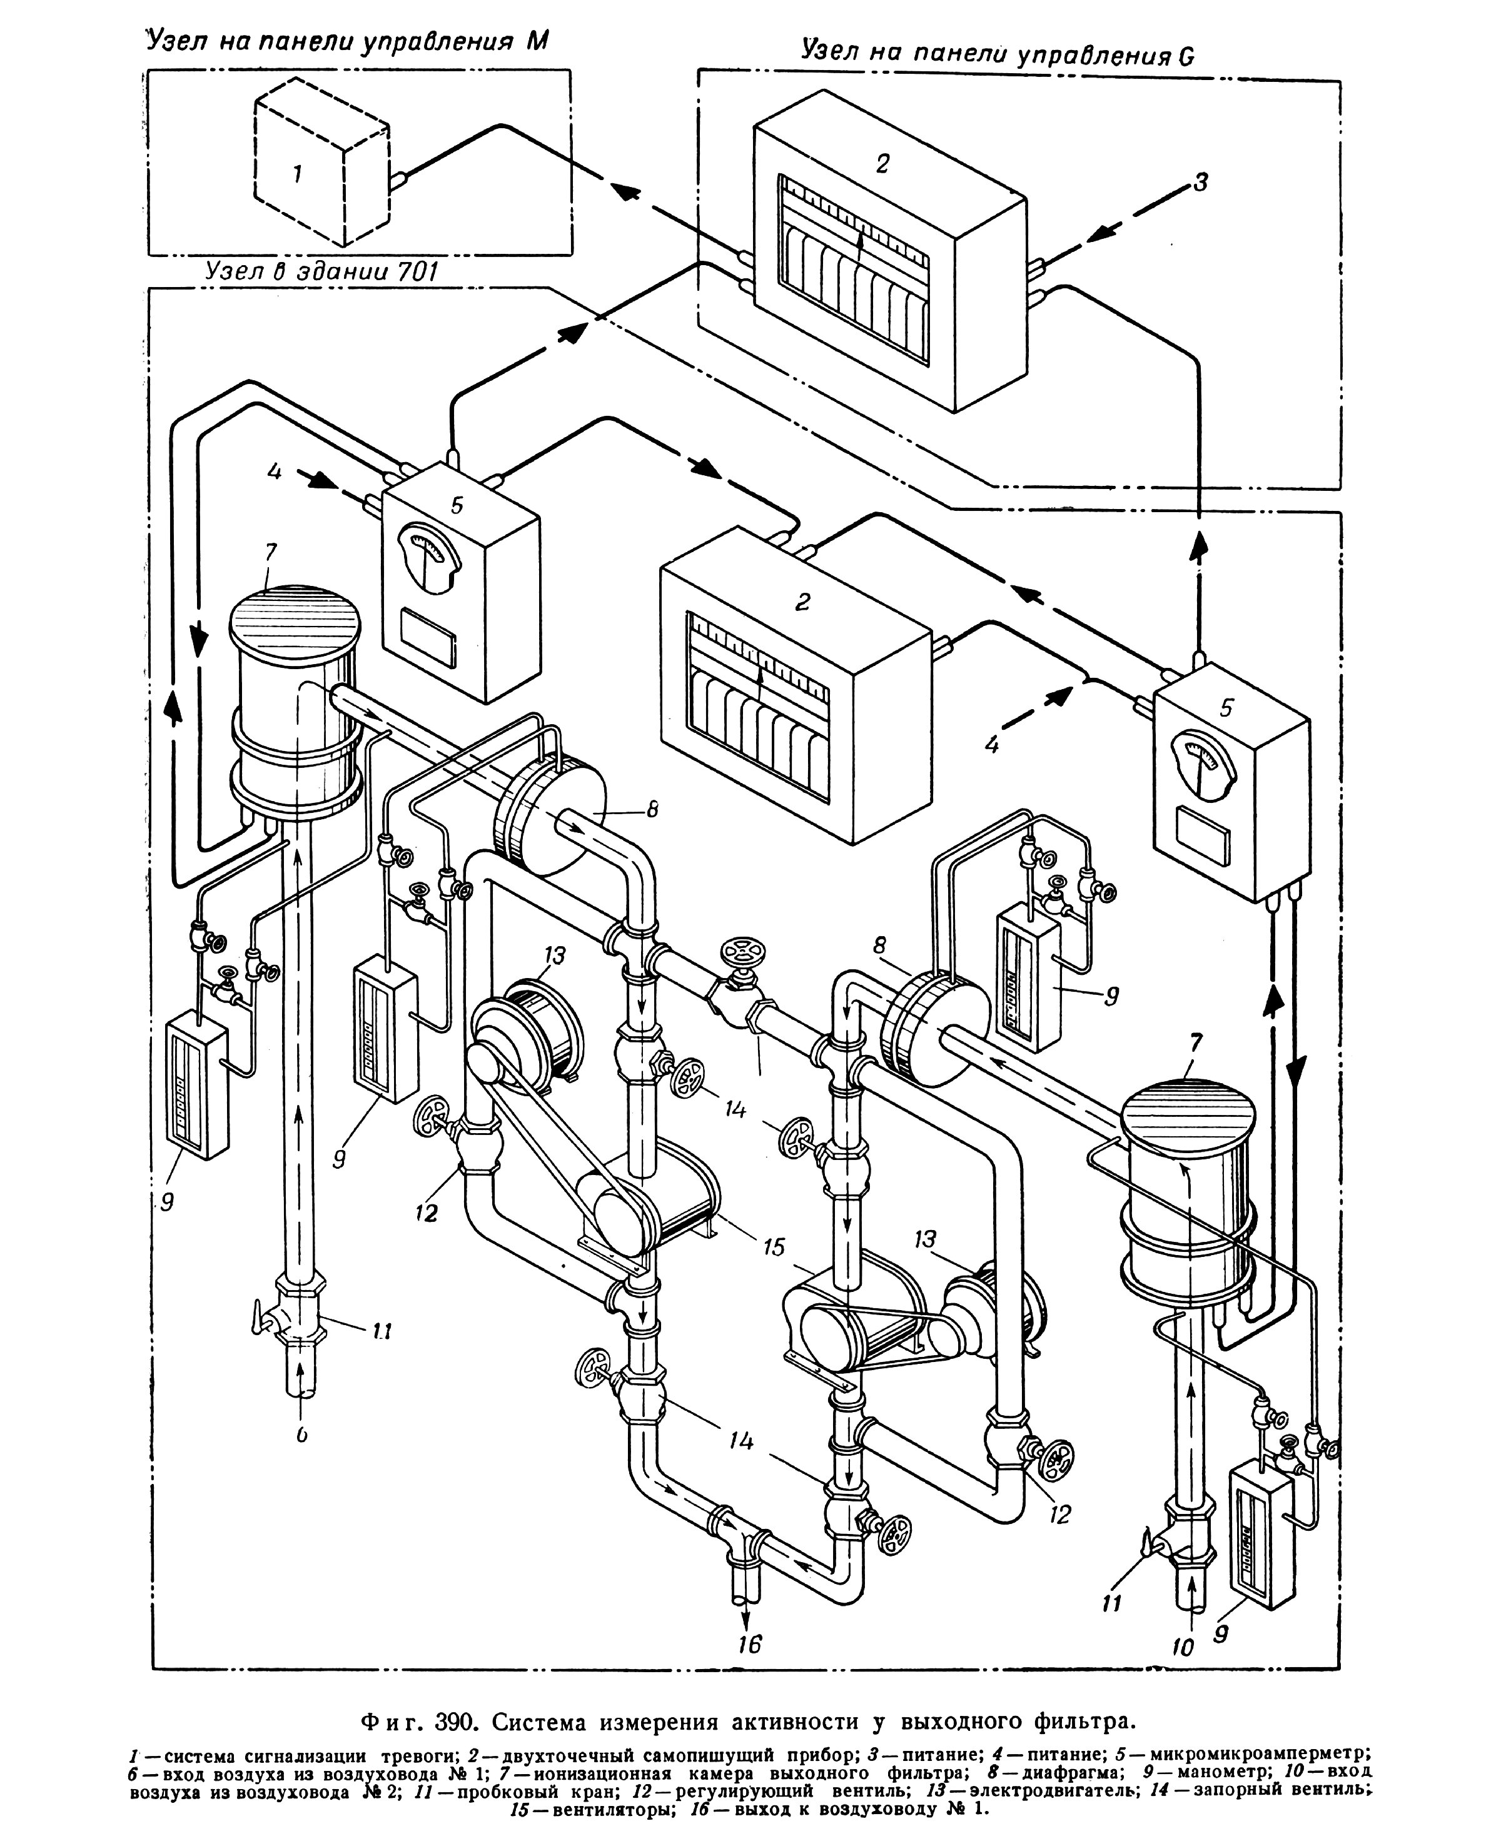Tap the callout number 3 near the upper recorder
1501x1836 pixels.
coord(1200,183)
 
